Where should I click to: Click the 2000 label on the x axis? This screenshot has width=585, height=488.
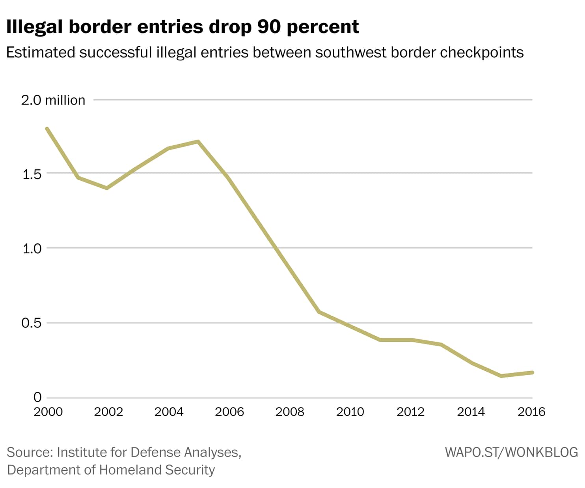48,412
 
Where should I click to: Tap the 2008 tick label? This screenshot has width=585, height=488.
290,412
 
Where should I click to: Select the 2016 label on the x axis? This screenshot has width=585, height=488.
531,412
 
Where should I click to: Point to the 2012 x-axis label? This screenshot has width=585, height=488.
411,412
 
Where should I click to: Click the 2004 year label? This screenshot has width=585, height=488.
169,412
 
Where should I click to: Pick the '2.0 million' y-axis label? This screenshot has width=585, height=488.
53,100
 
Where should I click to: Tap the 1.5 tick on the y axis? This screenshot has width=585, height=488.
32,174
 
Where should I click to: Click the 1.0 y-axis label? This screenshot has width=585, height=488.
32,249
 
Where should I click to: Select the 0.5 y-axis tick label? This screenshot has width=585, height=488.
32,323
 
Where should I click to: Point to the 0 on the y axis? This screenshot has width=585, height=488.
37,397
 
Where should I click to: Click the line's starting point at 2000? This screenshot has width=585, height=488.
47,129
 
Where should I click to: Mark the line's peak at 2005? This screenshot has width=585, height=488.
198,141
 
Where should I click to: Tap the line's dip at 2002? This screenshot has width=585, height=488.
107,188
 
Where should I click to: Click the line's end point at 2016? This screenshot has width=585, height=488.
532,372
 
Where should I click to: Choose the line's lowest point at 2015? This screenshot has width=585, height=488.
501,376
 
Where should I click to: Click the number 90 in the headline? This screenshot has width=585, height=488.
270,27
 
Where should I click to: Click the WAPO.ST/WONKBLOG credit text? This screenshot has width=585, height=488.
511,452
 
